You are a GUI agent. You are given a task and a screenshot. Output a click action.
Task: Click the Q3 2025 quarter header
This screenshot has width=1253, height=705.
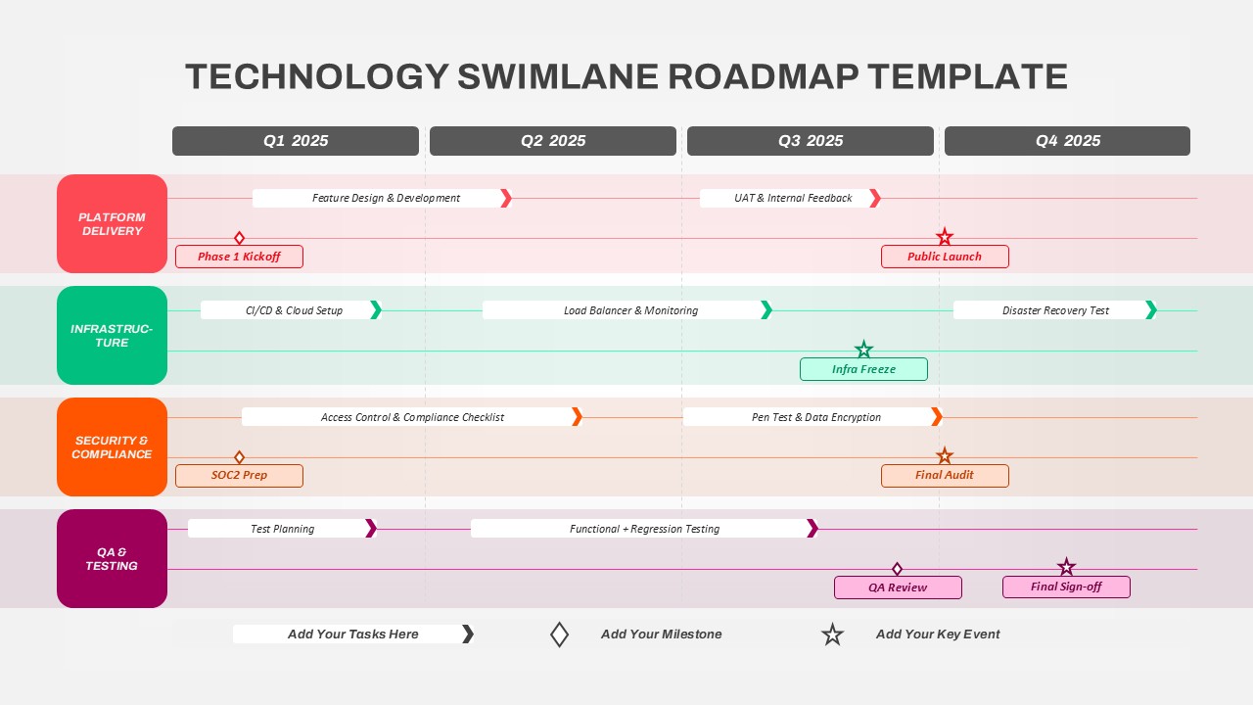tap(810, 141)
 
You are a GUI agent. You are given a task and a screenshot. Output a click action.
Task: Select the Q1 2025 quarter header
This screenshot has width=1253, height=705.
tap(296, 141)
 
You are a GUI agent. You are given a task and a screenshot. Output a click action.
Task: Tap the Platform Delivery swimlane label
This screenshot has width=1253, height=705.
tap(112, 224)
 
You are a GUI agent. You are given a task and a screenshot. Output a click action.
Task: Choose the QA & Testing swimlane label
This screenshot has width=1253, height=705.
tap(112, 558)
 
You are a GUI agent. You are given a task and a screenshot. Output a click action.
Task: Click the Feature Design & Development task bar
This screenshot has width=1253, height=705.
tap(382, 198)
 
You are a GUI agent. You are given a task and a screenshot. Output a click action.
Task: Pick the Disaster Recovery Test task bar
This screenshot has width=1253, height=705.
tap(1055, 310)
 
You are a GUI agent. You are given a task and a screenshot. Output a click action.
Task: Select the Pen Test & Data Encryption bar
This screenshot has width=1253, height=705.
tap(812, 417)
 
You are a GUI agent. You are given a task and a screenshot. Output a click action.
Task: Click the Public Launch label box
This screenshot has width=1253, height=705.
tap(945, 257)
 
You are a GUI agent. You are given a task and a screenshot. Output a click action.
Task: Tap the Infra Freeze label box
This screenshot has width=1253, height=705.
tap(863, 369)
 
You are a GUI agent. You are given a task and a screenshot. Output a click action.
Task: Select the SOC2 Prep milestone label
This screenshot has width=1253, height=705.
tap(240, 476)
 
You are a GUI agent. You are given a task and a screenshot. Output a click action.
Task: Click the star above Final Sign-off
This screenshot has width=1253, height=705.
tap(1066, 567)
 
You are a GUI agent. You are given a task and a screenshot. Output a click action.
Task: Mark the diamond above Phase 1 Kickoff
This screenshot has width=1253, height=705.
tap(240, 238)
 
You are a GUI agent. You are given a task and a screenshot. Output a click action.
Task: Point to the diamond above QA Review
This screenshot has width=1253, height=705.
tap(898, 569)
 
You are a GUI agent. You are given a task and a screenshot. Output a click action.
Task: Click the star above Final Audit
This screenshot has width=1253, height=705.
tap(945, 455)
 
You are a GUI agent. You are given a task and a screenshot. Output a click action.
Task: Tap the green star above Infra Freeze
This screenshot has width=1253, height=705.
tap(863, 350)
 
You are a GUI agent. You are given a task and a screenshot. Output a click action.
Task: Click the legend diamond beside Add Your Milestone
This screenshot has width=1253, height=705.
tap(559, 634)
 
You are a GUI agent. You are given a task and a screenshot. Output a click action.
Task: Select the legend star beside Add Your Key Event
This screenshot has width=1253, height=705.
tap(832, 634)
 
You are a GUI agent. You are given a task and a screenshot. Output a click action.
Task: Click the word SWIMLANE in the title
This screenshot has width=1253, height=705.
tap(558, 76)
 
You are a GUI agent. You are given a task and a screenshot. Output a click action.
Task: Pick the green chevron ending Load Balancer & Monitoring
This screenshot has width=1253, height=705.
tap(766, 310)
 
